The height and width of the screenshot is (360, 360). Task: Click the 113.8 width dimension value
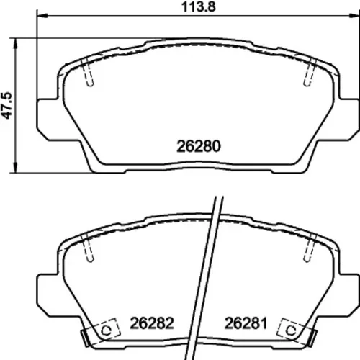tap(199, 6)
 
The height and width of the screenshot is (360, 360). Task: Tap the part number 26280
tap(199, 146)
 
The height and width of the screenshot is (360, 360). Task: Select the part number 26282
tap(152, 323)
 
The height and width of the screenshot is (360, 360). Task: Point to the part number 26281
tap(246, 323)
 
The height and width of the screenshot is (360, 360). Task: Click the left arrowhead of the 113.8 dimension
tap(42, 16)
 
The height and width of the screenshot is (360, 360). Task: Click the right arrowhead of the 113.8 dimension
tap(354, 16)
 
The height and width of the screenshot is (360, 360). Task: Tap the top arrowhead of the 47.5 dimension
tap(16, 44)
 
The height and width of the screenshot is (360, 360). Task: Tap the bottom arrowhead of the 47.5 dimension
tap(16, 167)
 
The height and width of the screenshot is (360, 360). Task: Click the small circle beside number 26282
tap(106, 330)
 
